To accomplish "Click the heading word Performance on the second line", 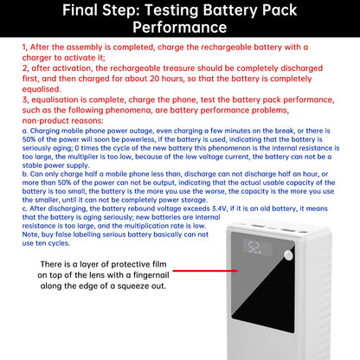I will click(179, 28).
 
